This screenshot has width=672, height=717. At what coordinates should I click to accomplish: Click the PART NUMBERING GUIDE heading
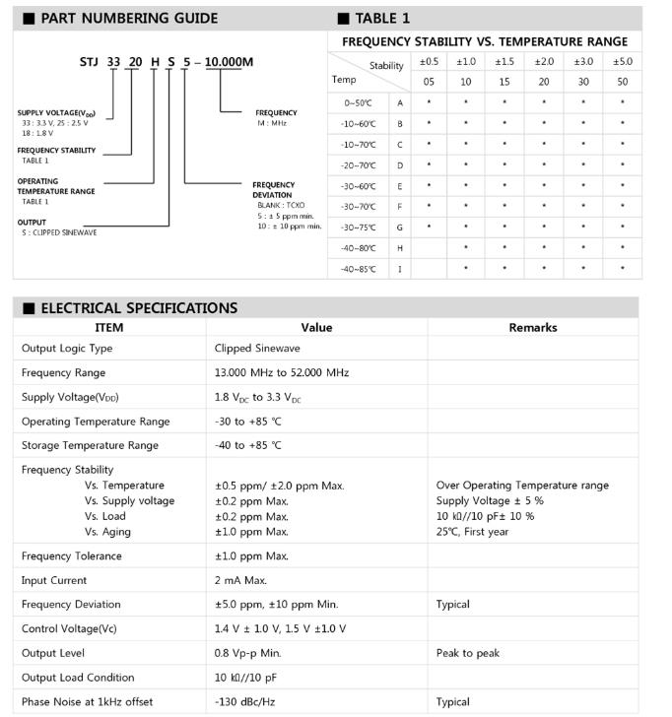[128, 18]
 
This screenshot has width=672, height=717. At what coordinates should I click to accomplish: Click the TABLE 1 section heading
[381, 18]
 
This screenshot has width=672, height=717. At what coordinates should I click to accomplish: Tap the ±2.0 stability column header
[544, 61]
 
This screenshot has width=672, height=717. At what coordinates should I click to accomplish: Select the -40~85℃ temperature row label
[360, 269]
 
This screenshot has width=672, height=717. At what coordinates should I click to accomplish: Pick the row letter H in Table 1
[400, 248]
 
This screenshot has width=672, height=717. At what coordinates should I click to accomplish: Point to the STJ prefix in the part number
[88, 62]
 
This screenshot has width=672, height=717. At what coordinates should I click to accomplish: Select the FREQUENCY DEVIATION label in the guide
[273, 189]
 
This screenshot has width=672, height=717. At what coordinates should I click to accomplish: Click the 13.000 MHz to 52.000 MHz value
[282, 373]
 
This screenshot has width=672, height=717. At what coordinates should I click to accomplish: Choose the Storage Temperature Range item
[90, 445]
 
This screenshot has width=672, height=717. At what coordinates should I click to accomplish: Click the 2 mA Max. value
[241, 580]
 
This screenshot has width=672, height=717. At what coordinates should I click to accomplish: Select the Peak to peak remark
[469, 653]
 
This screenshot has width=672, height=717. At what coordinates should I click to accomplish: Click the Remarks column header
[533, 328]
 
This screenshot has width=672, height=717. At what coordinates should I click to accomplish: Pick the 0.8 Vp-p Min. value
[248, 653]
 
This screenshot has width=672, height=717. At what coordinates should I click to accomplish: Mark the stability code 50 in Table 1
[623, 82]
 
